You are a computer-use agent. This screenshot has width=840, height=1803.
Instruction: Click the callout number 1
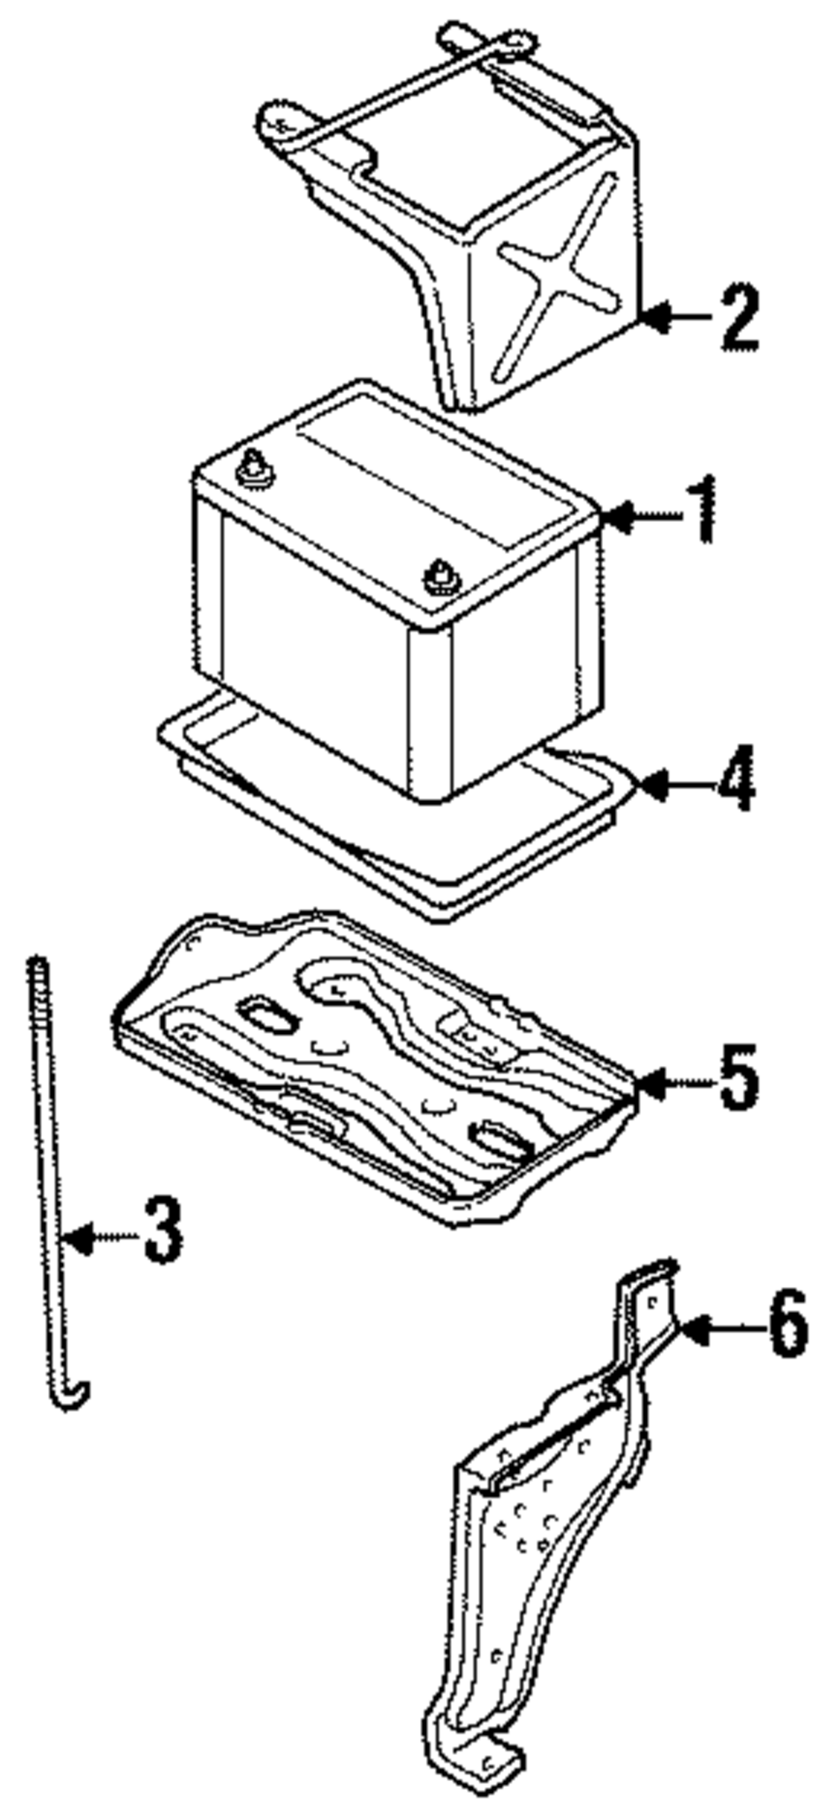pyautogui.click(x=704, y=508)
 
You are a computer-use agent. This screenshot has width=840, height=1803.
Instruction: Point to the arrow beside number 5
pyautogui.click(x=673, y=1083)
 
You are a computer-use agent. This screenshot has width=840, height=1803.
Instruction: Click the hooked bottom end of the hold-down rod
pyautogui.click(x=71, y=1395)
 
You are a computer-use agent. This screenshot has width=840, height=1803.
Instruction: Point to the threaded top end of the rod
pyautogui.click(x=37, y=975)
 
